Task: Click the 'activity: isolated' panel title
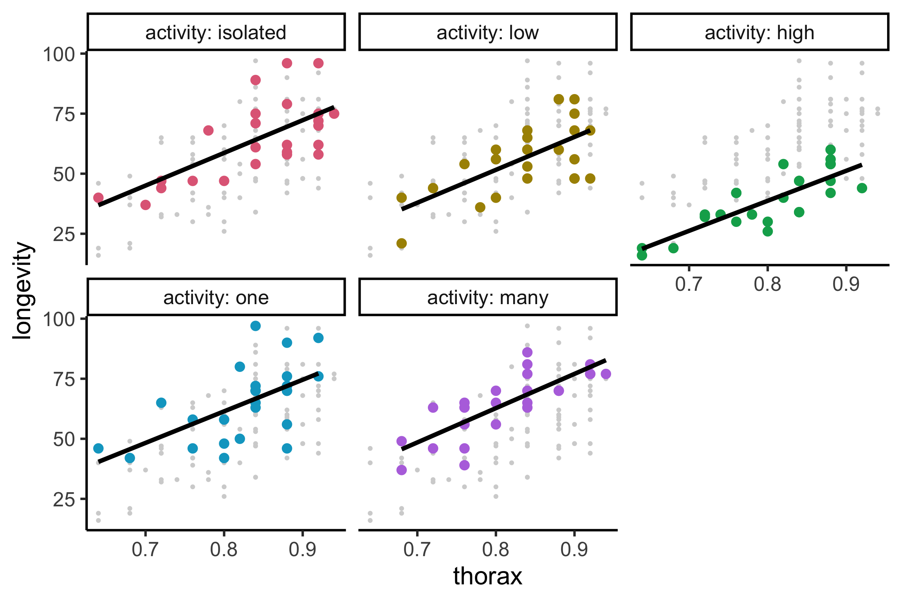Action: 216,33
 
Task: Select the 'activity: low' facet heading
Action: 487,33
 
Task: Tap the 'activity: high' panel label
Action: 759,33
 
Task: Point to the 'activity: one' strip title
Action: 216,298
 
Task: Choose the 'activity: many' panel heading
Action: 487,298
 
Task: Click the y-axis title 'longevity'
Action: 22,290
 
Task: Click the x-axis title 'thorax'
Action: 487,576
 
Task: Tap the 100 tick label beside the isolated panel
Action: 59,54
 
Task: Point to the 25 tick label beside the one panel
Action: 64,500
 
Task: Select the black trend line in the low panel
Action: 496,169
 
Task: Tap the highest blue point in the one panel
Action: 255,326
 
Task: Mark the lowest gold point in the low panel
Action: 401,243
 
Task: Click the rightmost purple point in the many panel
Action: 606,374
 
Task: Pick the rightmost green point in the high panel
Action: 862,188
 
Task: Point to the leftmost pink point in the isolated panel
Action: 98,198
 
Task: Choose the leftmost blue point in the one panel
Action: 98,448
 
